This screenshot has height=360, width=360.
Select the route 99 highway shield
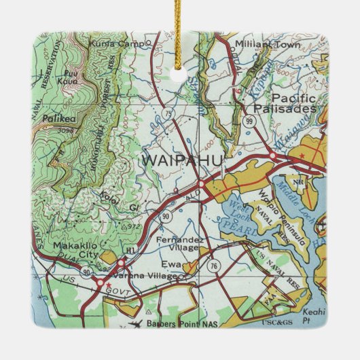pyautogui.click(x=250, y=121)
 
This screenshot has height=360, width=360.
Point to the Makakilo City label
pyautogui.click(x=71, y=249)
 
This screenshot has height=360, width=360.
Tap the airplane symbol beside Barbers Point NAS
pyautogui.click(x=140, y=323)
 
